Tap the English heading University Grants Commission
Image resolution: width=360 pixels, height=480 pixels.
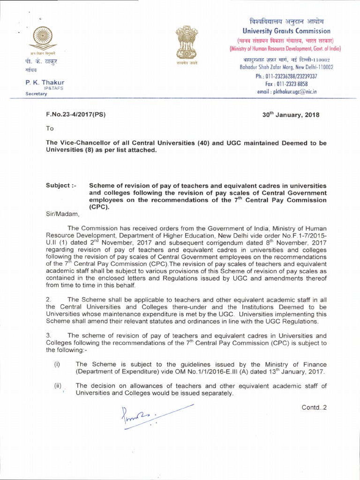pyautogui.click(x=284, y=31)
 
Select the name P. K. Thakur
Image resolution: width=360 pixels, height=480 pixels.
pyautogui.click(x=45, y=83)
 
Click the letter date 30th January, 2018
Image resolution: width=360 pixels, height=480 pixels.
pyautogui.click(x=292, y=115)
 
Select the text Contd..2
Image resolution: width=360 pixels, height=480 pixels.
pyautogui.click(x=315, y=406)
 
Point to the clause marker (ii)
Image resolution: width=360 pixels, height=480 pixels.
pyautogui.click(x=58, y=385)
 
